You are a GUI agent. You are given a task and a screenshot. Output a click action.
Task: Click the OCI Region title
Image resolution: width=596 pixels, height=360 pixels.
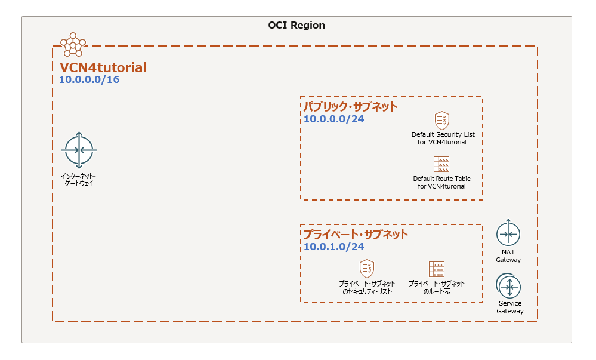297,26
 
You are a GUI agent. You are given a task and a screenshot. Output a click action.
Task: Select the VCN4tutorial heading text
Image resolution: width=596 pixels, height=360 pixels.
103,67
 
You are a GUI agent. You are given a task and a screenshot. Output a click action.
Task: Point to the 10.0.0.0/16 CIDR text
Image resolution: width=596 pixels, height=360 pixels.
89,79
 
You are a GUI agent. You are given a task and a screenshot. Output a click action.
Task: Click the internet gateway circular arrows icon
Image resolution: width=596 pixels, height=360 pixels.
79,150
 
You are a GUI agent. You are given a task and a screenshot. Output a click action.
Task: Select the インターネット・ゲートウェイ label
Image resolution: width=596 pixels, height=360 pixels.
79,180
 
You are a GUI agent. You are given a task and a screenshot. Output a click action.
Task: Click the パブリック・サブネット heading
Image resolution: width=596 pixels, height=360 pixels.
350,107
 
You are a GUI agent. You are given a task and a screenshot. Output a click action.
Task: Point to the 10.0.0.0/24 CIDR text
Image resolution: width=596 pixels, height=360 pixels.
333,119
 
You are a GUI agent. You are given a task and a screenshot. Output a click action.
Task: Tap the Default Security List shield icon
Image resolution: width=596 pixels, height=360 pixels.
441,120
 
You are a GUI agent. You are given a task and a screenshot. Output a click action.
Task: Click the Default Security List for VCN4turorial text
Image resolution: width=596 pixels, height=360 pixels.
442,138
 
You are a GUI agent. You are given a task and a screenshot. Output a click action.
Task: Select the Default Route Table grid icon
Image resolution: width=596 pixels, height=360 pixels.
441,164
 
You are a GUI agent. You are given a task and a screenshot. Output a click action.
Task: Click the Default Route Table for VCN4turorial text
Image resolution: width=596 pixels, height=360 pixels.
441,182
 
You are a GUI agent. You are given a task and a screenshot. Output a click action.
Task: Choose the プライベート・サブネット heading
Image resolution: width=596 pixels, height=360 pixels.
356,234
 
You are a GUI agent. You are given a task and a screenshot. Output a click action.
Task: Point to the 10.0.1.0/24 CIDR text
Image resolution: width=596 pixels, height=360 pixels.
333,247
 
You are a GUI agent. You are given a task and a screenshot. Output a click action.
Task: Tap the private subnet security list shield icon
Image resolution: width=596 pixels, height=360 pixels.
366,267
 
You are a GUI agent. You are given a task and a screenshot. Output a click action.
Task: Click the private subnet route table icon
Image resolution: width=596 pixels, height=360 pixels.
437,268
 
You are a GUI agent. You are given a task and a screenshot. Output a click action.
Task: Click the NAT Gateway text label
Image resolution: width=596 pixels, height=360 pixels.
508,256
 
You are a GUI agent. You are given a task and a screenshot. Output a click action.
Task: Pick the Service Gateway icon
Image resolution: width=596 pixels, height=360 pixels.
509,287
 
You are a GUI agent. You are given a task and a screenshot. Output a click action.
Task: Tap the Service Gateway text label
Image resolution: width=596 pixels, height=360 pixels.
510,307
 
